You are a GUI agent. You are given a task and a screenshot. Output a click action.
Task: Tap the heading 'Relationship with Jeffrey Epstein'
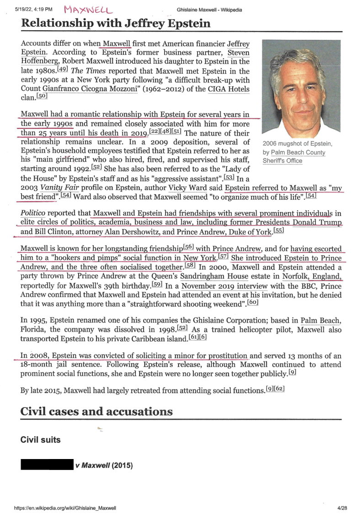[x=116, y=23]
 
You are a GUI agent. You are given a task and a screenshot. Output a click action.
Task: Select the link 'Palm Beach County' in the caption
[x=298, y=153]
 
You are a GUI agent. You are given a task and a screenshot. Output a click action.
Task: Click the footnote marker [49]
[x=63, y=69]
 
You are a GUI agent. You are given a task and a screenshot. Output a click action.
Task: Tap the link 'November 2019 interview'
[x=224, y=285]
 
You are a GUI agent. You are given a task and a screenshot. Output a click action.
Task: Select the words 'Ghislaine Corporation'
[x=215, y=320]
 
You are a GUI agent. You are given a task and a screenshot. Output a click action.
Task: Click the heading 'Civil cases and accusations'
[x=96, y=411]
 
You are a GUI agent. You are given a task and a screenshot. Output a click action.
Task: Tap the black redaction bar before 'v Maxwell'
[x=47, y=465]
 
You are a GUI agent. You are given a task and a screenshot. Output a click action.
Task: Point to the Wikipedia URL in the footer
[x=65, y=508]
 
